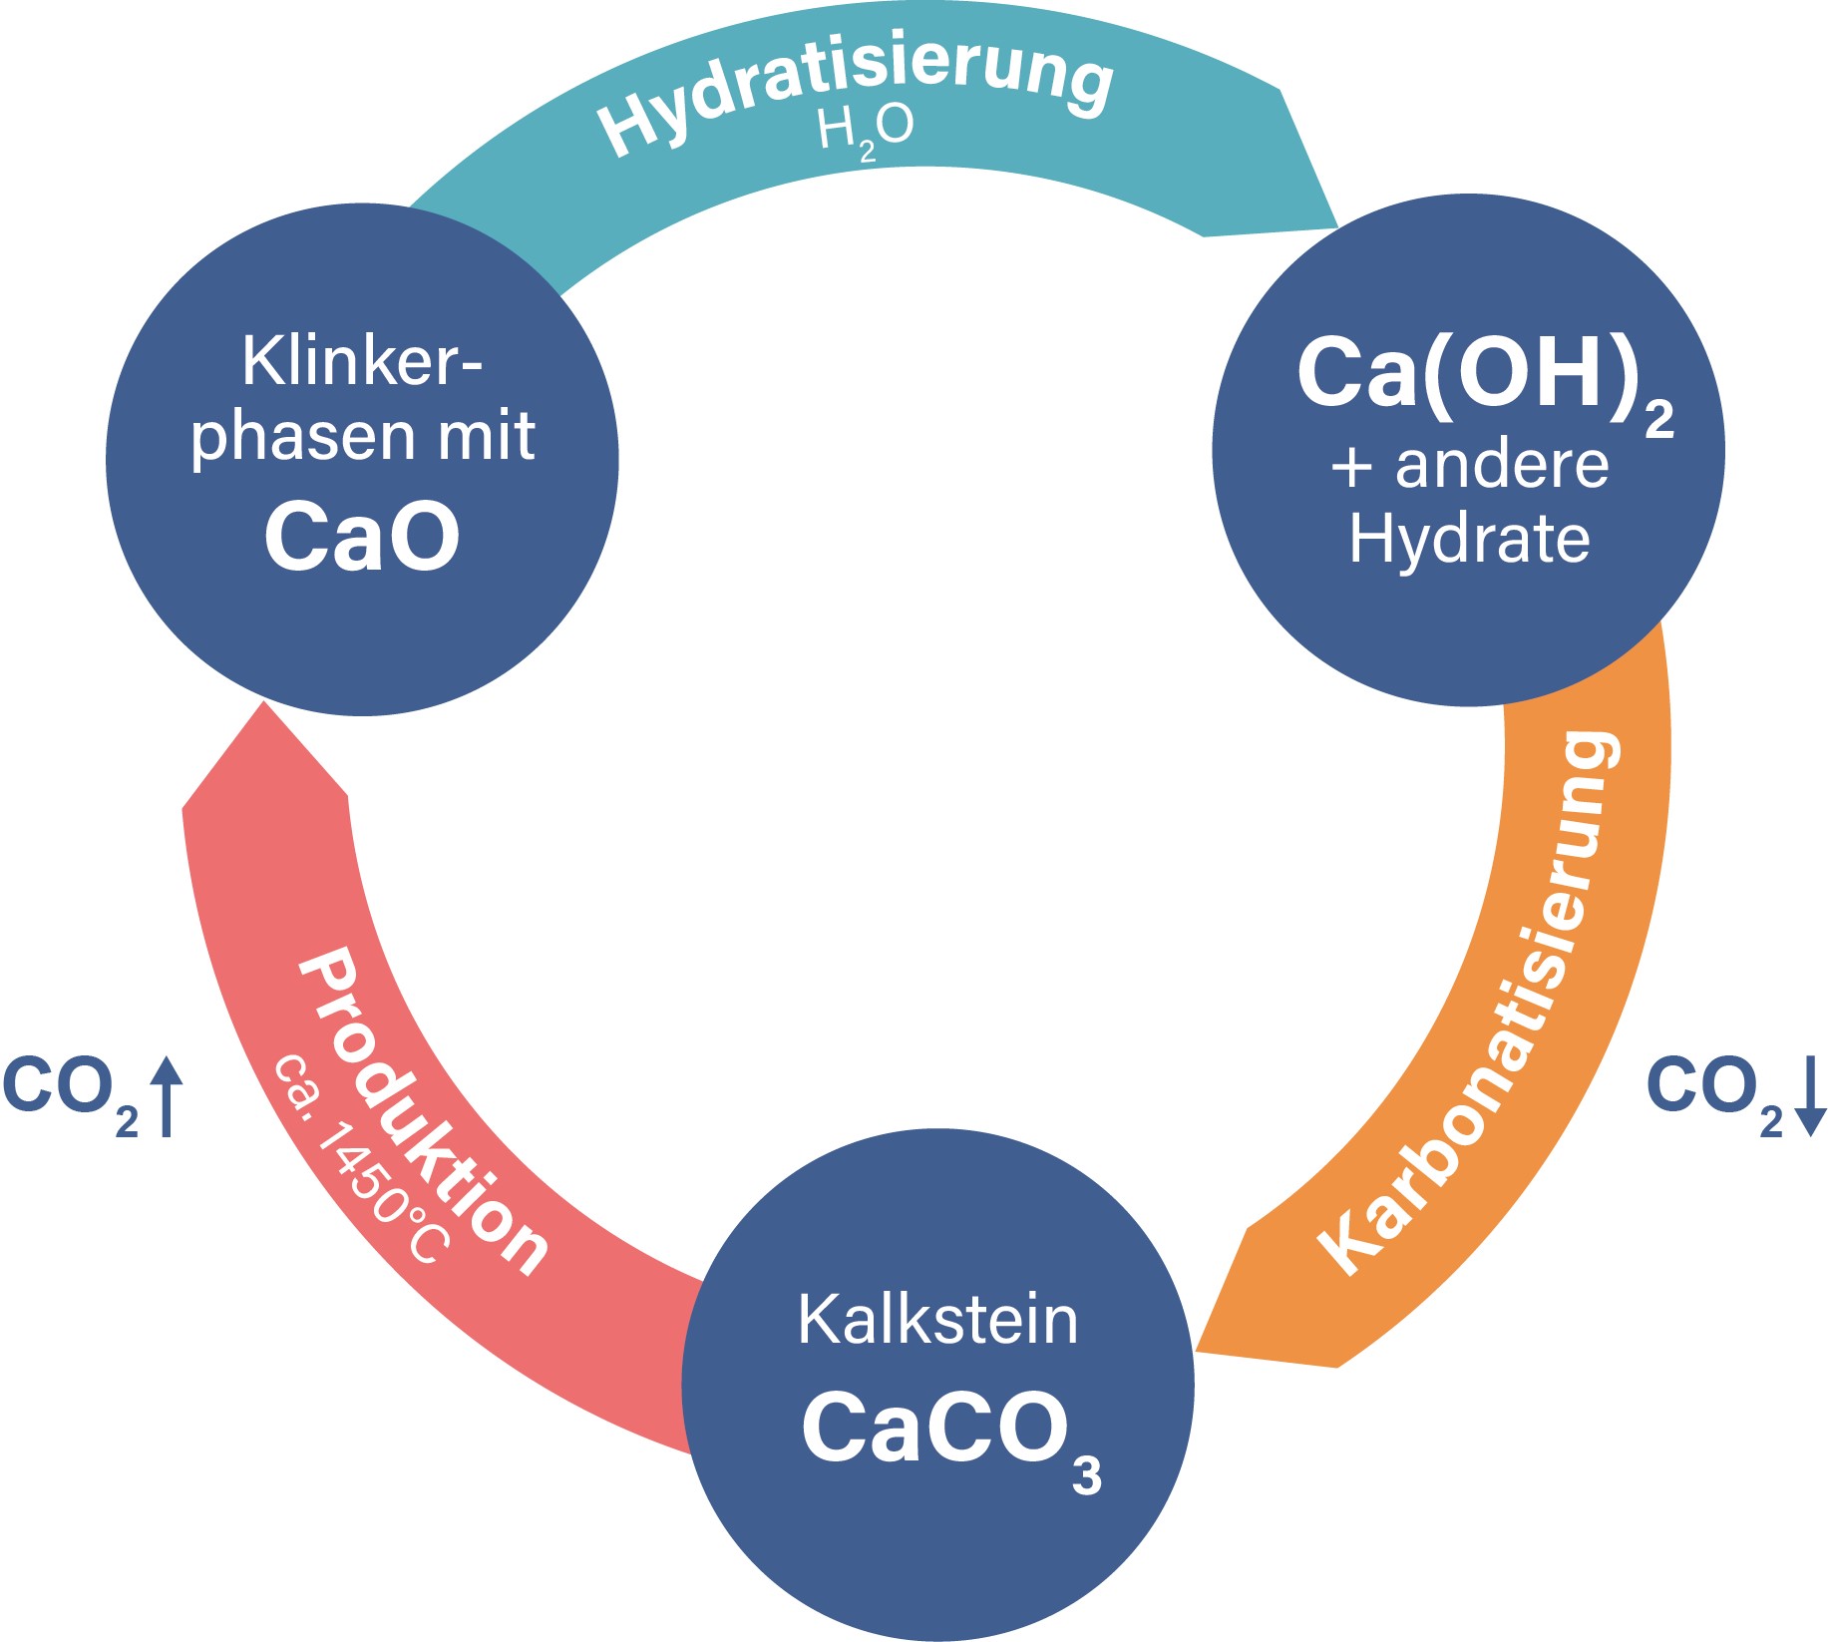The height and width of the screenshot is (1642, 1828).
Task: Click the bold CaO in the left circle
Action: point(362,537)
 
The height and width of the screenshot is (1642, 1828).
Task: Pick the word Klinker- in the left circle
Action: point(362,361)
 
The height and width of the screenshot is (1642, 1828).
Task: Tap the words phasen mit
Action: point(362,437)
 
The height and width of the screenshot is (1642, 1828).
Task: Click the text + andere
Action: point(1470,466)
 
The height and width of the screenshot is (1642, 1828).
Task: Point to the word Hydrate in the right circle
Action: point(1469,540)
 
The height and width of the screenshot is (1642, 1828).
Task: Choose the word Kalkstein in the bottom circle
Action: point(937,1320)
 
